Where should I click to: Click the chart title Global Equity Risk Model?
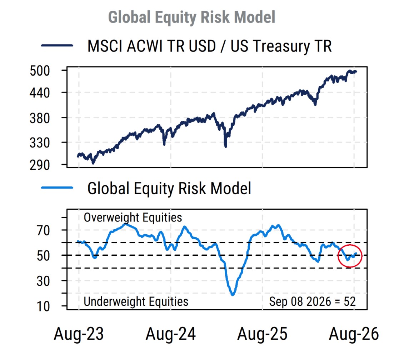click(191, 17)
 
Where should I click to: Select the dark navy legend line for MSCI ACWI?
click(57, 45)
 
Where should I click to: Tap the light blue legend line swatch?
click(57, 187)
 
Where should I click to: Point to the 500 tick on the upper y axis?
click(40, 71)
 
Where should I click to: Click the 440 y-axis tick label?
click(40, 93)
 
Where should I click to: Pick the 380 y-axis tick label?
click(40, 118)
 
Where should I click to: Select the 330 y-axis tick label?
click(40, 143)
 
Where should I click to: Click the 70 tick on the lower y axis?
click(43, 230)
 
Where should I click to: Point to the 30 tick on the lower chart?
click(43, 281)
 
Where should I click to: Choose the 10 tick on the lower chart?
click(43, 306)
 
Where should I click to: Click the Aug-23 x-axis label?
click(79, 334)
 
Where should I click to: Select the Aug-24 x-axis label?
click(171, 334)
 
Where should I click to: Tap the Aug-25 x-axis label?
click(262, 334)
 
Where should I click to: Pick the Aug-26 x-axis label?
click(354, 334)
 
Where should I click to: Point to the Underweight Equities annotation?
click(136, 301)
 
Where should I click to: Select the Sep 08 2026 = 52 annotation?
click(312, 301)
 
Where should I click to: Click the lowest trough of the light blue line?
click(233, 295)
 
